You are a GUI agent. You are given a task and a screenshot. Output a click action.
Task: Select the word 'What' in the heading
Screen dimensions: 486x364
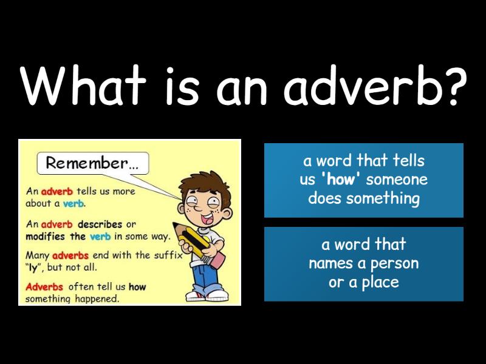point(82,84)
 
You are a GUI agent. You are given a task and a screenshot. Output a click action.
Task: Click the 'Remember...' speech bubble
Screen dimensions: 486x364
point(93,163)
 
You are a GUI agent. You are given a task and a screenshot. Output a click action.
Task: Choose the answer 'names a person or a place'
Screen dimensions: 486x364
point(363,264)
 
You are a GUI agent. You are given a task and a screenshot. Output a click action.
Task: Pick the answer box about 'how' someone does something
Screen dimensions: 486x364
point(363,180)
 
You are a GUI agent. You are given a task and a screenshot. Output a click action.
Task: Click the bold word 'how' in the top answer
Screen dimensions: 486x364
point(340,180)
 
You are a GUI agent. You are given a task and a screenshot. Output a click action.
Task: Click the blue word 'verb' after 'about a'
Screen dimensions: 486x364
point(73,204)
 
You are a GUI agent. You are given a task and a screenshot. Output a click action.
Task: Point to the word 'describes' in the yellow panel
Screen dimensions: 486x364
point(100,224)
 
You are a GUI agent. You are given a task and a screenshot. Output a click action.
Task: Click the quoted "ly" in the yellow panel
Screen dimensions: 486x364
point(33,268)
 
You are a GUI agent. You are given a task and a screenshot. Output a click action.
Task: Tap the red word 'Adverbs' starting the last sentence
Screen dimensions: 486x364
point(44,287)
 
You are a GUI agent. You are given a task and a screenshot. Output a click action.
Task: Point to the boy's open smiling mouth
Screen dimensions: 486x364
point(207,218)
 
